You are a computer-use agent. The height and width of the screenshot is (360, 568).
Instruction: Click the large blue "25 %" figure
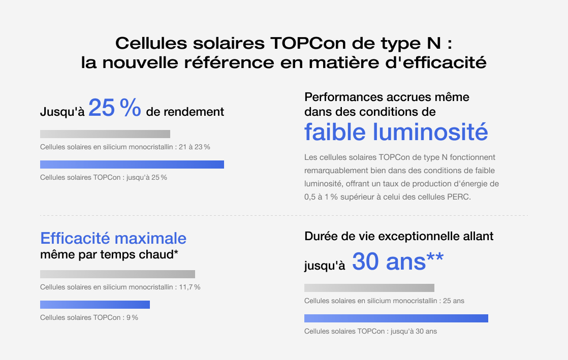tap(114, 108)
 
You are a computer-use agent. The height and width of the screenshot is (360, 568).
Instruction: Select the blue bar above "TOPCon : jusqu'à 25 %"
tap(132, 164)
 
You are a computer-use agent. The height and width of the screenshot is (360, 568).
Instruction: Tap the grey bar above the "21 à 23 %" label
tap(105, 134)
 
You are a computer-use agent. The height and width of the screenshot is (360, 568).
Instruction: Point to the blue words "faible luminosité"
tap(396, 132)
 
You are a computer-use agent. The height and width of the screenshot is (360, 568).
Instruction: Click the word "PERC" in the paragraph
tap(460, 197)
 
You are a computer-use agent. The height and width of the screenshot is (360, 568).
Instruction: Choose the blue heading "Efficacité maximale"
tap(113, 238)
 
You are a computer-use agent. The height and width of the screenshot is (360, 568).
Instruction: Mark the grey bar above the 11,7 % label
tap(117, 274)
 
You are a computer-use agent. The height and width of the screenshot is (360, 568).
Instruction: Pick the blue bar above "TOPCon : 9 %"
tap(95, 305)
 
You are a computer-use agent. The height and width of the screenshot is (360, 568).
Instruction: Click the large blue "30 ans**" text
tap(397, 261)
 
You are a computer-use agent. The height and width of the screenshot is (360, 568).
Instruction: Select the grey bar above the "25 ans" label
tap(369, 288)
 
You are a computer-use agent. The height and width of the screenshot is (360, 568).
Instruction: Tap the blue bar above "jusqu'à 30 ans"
tap(396, 318)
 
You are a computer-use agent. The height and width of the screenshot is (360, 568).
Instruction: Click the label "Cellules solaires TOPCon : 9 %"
tap(89, 318)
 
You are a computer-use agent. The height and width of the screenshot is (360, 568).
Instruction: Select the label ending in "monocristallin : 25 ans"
tap(384, 301)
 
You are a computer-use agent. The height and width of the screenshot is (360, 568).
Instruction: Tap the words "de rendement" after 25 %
tap(185, 112)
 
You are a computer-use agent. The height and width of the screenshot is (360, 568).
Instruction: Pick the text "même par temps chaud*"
tap(109, 254)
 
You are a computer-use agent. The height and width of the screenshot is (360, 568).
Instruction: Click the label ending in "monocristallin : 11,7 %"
tap(120, 287)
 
